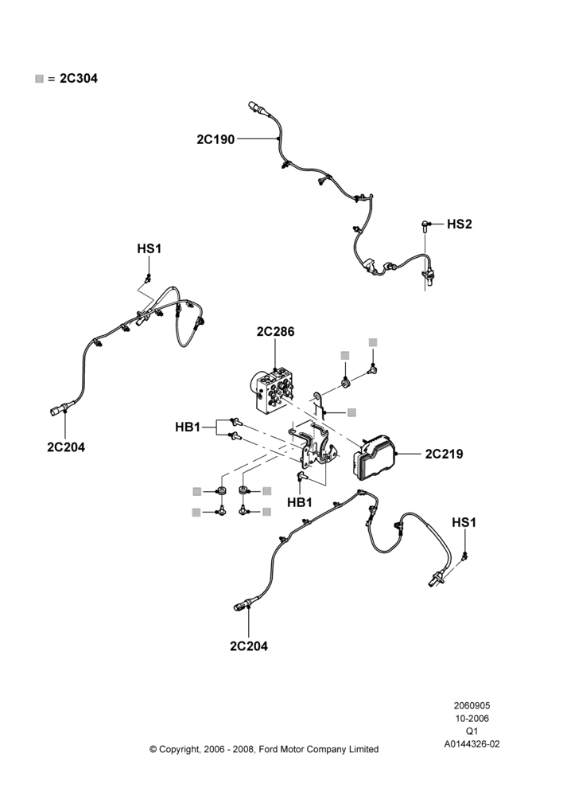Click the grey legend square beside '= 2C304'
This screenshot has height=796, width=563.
tap(39, 79)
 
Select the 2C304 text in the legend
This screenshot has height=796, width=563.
tap(79, 78)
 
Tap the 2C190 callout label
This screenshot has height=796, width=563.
tap(215, 139)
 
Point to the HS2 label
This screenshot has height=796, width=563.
tap(459, 224)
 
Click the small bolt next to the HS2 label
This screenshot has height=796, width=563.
tap(425, 225)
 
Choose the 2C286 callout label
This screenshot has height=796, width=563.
tap(275, 331)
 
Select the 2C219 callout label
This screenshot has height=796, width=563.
tap(444, 454)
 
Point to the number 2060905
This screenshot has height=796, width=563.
tap(472, 705)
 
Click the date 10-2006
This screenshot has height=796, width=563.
tap(472, 718)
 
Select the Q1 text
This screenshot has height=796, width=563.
tap(472, 732)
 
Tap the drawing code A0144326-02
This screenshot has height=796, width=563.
tap(472, 744)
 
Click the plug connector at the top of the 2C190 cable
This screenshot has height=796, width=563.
tap(255, 107)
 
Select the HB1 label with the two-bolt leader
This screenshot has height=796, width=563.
tap(188, 427)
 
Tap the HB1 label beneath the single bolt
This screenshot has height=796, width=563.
tap(300, 502)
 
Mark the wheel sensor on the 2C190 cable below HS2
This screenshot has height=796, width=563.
tap(428, 275)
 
